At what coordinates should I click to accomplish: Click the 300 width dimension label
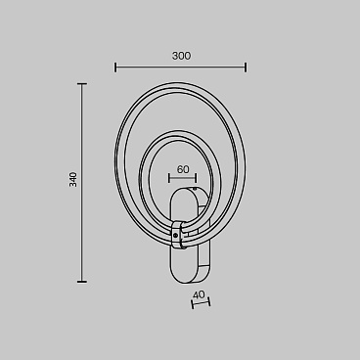[181, 56]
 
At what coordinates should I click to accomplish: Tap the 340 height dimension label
[73, 179]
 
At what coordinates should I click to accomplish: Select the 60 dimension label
[183, 169]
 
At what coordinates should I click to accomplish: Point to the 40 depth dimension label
[199, 294]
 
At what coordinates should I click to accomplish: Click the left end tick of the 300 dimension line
[115, 67]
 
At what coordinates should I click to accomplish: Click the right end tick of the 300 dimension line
[246, 67]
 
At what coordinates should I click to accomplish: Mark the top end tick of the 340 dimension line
[82, 84]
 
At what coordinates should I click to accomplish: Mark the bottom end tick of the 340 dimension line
[82, 282]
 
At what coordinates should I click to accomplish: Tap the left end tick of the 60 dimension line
[169, 178]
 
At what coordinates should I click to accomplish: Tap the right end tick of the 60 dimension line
[196, 178]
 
